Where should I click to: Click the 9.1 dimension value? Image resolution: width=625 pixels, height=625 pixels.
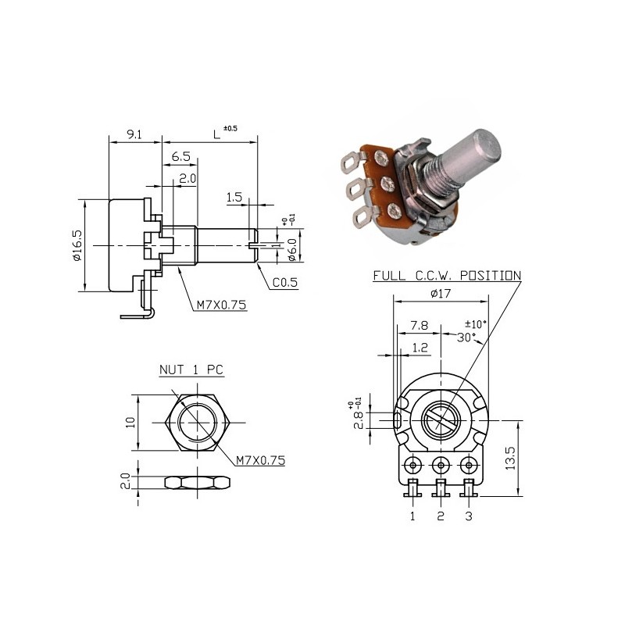pos(134,134)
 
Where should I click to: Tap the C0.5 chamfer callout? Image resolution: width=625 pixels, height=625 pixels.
pos(285,283)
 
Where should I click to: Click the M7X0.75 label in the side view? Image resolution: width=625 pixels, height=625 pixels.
pos(221,305)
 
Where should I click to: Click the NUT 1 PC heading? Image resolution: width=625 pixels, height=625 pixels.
pos(191,370)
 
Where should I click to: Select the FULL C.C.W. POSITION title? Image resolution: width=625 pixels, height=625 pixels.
pos(446,275)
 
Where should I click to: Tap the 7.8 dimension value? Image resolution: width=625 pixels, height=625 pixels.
pos(419,324)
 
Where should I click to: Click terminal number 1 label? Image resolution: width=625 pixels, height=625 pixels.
pos(412,516)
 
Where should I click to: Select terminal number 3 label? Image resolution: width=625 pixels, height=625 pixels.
pos(469,516)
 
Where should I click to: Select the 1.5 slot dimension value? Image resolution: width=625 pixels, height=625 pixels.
pos(234,198)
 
